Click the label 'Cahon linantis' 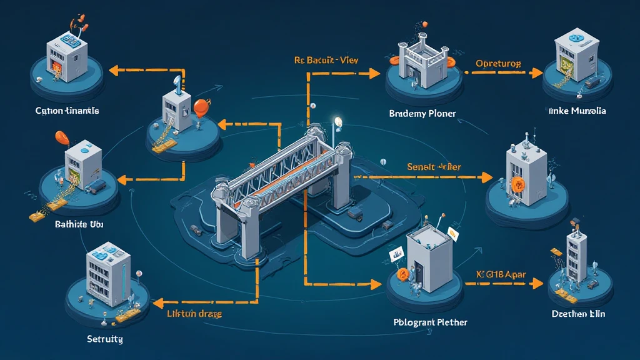pyautogui.click(x=67, y=111)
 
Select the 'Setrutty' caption pyautogui.click(x=104, y=339)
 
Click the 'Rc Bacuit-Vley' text pyautogui.click(x=331, y=61)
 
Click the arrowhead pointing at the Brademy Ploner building pyautogui.click(x=374, y=73)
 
